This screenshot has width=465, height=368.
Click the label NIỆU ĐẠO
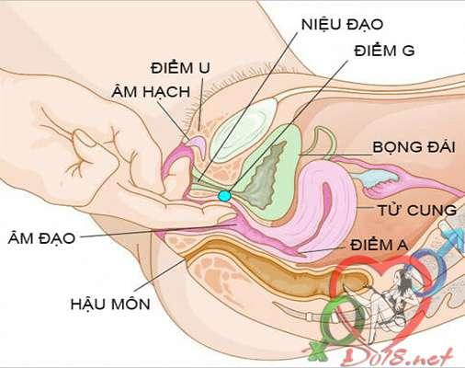click(342, 25)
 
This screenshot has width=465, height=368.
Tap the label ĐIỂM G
click(384, 50)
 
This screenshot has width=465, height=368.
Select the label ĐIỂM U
click(180, 67)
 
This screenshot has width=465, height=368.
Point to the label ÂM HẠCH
click(151, 92)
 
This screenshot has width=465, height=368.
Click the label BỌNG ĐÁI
click(414, 147)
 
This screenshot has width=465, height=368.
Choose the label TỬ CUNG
click(417, 210)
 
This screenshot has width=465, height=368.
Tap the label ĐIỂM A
click(380, 245)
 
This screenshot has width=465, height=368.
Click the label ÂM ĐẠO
click(41, 238)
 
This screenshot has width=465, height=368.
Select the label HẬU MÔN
click(110, 304)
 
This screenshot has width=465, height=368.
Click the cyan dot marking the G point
click(224, 196)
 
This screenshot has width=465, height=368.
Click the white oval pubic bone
click(244, 129)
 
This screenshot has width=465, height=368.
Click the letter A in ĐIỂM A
click(402, 245)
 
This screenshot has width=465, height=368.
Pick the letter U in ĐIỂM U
click(204, 68)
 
